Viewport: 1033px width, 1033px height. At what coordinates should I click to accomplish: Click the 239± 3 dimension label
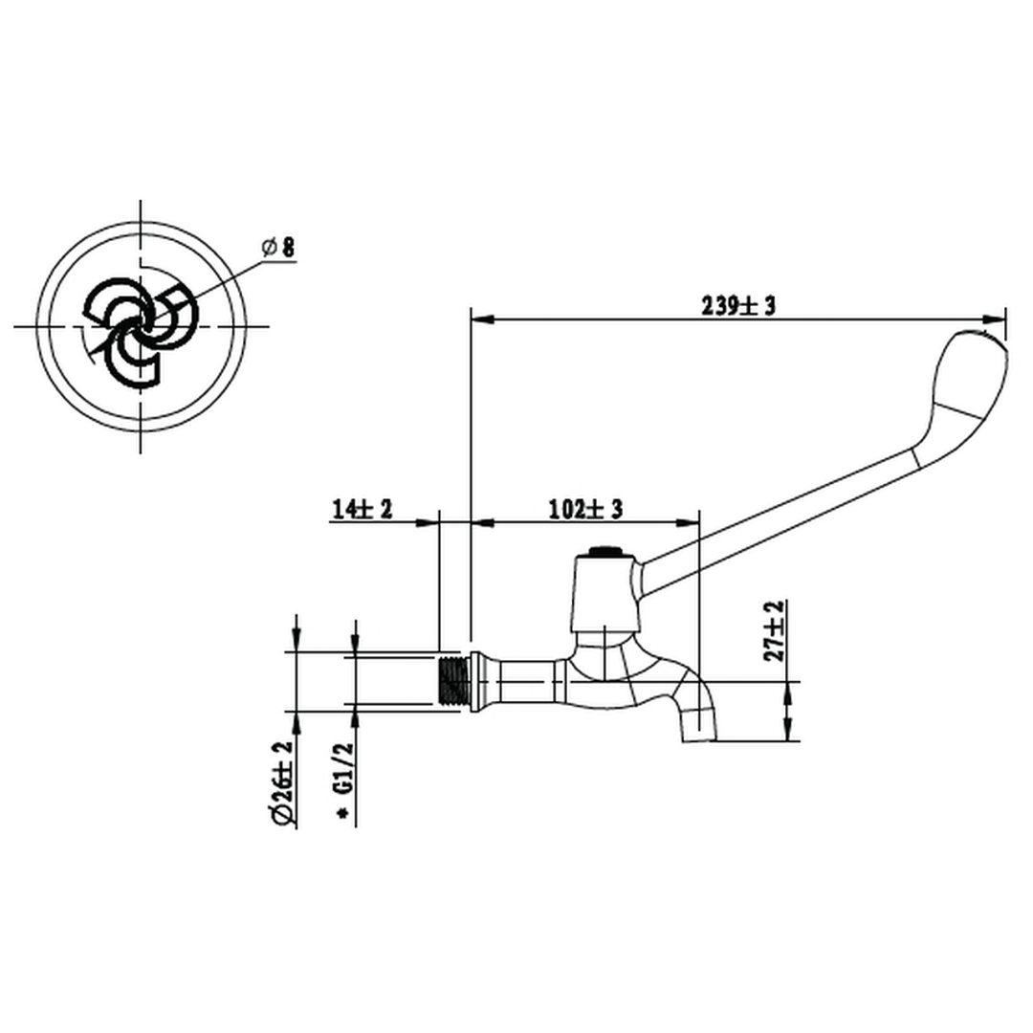tap(737, 306)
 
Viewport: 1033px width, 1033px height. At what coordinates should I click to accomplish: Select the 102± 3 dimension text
tap(585, 509)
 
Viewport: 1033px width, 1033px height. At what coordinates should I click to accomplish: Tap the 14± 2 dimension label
tap(362, 509)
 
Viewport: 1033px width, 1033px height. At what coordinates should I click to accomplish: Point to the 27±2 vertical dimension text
tap(778, 630)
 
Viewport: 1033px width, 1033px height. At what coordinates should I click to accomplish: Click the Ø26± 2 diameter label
tap(282, 782)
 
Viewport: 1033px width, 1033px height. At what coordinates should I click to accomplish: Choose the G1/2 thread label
tap(344, 769)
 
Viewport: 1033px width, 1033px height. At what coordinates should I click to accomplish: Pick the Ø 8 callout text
tap(278, 248)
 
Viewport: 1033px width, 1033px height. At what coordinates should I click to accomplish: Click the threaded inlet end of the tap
tap(453, 681)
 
